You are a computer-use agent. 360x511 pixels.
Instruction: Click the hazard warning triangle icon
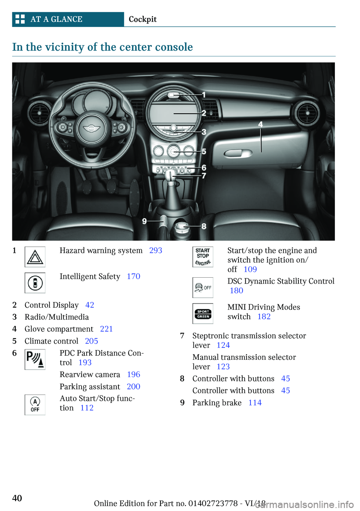point(35,257)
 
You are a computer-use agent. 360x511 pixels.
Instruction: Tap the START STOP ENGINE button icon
point(203,257)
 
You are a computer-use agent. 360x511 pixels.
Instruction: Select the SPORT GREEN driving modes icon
point(203,314)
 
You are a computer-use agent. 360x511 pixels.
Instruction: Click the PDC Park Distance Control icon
point(35,359)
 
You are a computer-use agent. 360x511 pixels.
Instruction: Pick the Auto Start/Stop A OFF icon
point(35,405)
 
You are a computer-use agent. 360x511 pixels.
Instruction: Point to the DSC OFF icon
point(203,288)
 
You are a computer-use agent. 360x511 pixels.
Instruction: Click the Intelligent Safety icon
point(35,283)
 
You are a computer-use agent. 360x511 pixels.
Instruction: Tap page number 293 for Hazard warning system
point(156,251)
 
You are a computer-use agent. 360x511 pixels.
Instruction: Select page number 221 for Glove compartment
point(106,329)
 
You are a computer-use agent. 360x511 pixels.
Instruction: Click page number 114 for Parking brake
point(255,403)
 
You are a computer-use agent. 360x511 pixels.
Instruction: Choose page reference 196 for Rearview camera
point(133,375)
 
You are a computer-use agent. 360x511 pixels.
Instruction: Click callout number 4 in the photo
point(260,124)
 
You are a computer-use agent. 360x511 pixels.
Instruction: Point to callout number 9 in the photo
point(144,221)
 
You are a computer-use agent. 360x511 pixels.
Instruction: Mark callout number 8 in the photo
point(204,226)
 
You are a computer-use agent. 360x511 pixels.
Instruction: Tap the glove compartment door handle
point(238,153)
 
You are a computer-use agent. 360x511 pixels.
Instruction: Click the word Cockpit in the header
point(142,20)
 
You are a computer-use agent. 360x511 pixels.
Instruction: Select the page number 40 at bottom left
point(17,498)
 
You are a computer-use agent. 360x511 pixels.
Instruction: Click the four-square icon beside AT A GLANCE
point(20,19)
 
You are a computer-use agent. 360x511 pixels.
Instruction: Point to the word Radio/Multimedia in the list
point(57,317)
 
